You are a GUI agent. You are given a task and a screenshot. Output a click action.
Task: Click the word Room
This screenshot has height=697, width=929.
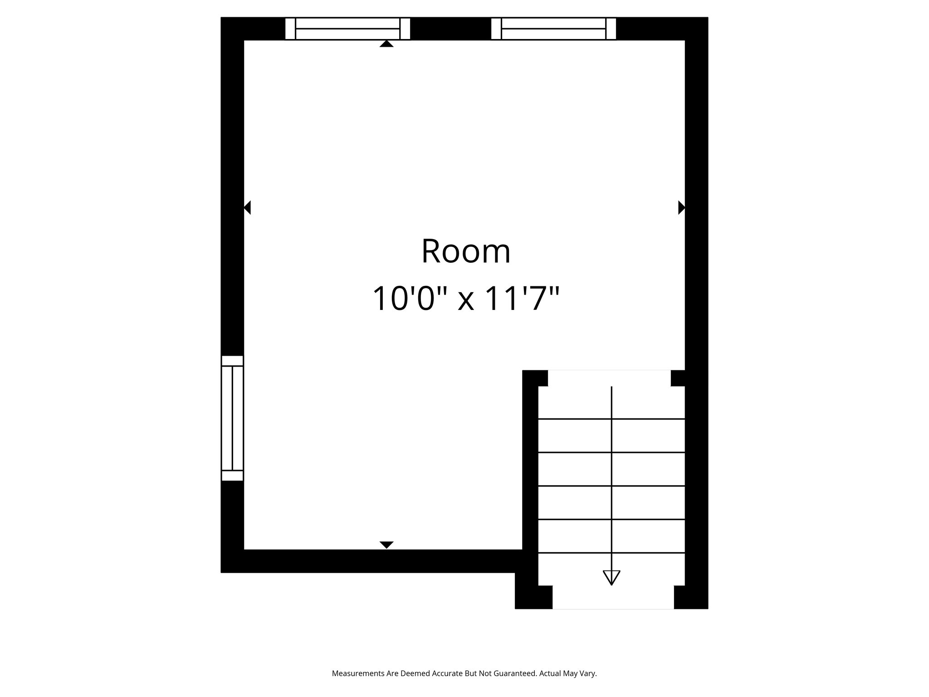[x=466, y=252]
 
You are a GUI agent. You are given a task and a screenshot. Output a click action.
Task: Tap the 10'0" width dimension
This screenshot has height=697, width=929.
[x=411, y=299]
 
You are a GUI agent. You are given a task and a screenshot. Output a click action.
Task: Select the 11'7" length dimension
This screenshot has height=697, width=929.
[x=522, y=299]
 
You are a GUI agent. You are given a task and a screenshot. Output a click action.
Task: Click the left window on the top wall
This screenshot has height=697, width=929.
[x=347, y=29]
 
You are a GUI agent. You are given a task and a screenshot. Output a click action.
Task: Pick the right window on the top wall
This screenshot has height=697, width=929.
[x=553, y=29]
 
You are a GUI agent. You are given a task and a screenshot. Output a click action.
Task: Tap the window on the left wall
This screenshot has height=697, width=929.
[x=232, y=418]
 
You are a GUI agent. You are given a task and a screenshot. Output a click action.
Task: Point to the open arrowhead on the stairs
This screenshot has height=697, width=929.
[x=611, y=577]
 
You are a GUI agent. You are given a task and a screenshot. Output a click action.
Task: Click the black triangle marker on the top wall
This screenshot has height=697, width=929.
[x=386, y=44]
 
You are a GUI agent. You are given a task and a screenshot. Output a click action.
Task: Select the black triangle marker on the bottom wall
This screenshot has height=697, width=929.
[x=386, y=545]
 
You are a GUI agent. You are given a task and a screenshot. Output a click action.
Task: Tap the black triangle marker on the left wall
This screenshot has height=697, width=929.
[x=247, y=208]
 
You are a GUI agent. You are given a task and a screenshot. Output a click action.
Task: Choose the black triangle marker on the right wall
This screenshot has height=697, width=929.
[x=681, y=207]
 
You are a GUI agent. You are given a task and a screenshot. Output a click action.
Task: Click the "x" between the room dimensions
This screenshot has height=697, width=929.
[x=466, y=300]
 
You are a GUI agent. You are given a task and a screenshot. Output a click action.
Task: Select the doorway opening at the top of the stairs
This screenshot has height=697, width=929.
[x=609, y=378]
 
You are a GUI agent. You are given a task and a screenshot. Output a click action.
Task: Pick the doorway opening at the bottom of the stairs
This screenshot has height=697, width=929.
[x=613, y=597]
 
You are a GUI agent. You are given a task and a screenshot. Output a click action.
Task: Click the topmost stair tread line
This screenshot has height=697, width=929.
[x=611, y=419]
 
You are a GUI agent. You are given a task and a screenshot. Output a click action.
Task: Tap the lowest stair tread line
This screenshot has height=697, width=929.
[x=611, y=553]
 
